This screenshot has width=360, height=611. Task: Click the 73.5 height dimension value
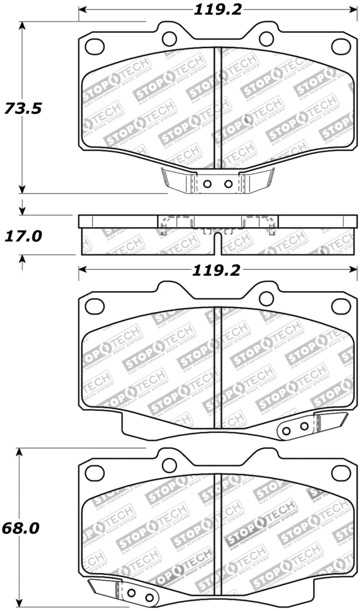point(22,109)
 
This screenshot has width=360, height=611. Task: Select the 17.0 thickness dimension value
point(22,235)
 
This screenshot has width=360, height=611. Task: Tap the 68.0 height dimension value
point(20,528)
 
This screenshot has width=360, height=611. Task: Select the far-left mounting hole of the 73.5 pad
point(94,46)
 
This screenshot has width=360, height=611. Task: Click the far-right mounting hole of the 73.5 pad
point(341,46)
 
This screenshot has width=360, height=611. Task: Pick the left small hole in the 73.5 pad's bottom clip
point(207,184)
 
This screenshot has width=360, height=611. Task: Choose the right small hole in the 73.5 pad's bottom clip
point(228,184)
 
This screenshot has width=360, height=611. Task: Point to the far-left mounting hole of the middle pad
point(94,306)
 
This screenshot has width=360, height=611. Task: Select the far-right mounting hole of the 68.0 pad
point(341,472)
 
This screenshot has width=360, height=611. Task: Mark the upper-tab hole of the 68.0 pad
point(170,465)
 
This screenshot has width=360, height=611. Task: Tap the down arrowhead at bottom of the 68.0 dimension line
point(19,602)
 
